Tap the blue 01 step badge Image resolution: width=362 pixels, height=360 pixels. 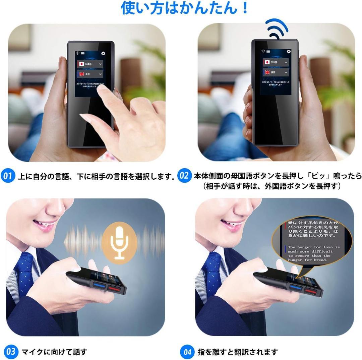[8, 176]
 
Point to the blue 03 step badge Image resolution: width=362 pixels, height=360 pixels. [11, 352]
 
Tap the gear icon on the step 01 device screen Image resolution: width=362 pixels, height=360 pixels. [103, 53]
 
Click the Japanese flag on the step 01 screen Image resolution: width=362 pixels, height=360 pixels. [81, 64]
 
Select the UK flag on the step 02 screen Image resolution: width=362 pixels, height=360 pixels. [267, 72]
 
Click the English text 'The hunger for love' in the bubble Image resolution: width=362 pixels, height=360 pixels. [313, 247]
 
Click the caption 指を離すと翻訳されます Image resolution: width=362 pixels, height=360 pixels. [238, 352]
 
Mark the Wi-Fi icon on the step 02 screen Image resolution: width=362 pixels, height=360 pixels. [263, 51]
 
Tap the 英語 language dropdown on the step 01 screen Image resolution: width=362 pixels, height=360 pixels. [90, 74]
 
